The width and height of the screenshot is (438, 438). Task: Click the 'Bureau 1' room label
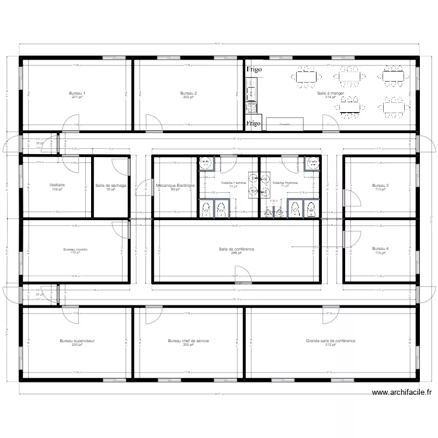click(x=77, y=93)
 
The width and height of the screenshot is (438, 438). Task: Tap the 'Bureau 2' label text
click(x=188, y=93)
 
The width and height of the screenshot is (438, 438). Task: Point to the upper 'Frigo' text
click(x=253, y=69)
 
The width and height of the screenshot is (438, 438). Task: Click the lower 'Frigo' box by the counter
click(x=253, y=124)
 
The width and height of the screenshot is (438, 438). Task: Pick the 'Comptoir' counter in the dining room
click(x=284, y=124)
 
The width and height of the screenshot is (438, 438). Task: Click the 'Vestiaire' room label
click(x=57, y=186)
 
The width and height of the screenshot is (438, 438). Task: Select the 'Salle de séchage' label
click(x=111, y=186)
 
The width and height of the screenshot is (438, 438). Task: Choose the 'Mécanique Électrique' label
click(x=175, y=186)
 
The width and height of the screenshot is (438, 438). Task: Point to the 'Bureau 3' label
click(x=380, y=186)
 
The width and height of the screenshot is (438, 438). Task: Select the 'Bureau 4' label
click(x=380, y=249)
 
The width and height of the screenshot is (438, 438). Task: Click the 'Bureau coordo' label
click(x=75, y=249)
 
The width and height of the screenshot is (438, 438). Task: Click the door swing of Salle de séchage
click(x=121, y=166)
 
